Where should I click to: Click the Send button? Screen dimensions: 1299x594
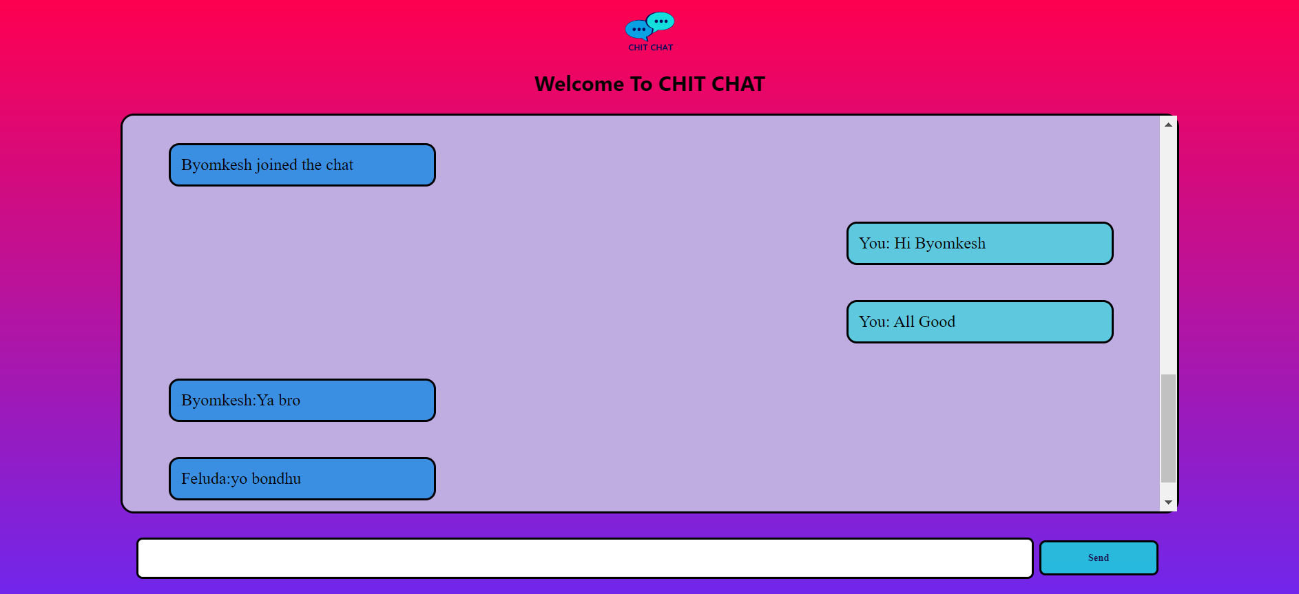(x=1099, y=558)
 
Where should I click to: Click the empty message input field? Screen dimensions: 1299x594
(x=585, y=558)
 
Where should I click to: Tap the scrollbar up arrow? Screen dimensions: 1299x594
(x=1168, y=125)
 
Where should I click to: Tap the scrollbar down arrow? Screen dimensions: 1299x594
(x=1168, y=502)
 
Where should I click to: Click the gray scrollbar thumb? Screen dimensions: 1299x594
(x=1168, y=428)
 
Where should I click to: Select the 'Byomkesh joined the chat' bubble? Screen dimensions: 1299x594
(x=302, y=165)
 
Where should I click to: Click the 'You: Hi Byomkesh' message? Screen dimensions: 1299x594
(x=980, y=243)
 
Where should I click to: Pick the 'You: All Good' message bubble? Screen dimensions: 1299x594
(x=980, y=321)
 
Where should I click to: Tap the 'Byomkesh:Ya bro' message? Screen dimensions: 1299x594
(x=302, y=400)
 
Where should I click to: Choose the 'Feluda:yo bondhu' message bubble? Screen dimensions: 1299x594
(x=302, y=478)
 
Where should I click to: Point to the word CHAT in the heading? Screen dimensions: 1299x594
(x=738, y=84)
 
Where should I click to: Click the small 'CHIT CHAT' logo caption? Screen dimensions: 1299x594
(x=651, y=47)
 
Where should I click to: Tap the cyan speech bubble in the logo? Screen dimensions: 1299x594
(x=661, y=21)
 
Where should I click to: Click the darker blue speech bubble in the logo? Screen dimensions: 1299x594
(x=638, y=30)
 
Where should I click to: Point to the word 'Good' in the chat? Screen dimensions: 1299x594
(x=937, y=321)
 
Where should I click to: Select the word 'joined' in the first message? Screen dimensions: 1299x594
(x=276, y=165)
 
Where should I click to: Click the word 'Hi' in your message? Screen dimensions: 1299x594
(x=902, y=243)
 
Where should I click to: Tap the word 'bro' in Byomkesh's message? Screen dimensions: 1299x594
(x=289, y=400)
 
